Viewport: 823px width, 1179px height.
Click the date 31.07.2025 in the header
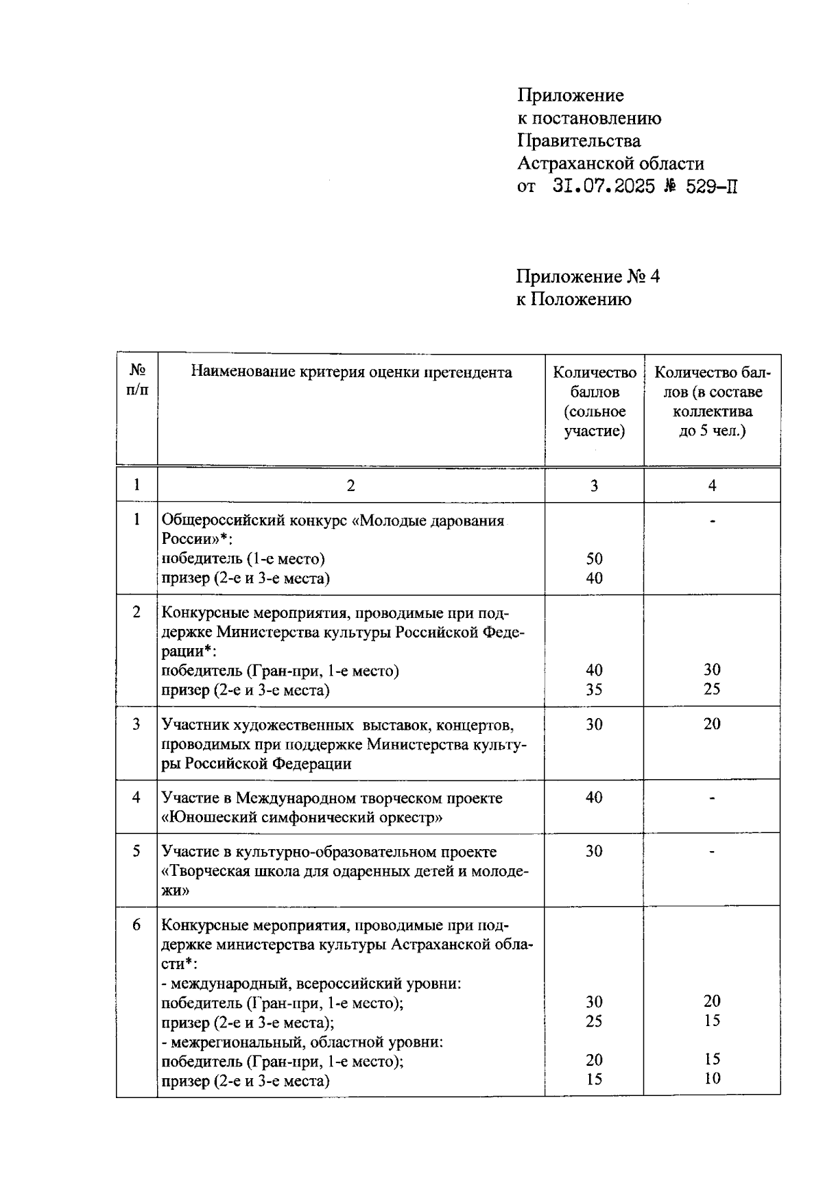[x=604, y=186]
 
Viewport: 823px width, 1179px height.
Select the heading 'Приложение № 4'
[x=588, y=276]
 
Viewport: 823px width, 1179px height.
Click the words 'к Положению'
[x=573, y=299]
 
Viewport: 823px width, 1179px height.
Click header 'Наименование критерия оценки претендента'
[x=351, y=372]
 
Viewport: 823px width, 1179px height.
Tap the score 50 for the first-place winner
[x=594, y=558]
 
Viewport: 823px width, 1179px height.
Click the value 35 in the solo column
[x=594, y=689]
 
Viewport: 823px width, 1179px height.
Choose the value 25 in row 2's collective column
[x=712, y=689]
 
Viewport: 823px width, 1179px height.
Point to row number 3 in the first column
[x=137, y=724]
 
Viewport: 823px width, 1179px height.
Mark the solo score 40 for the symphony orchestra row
[x=594, y=797]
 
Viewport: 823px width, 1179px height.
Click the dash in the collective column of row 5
[x=712, y=852]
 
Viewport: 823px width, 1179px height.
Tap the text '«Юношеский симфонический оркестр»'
[x=302, y=817]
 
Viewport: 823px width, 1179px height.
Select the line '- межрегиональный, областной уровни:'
[x=302, y=1042]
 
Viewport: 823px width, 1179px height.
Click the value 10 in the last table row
[x=712, y=1078]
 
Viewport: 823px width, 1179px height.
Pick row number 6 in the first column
[x=137, y=925]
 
